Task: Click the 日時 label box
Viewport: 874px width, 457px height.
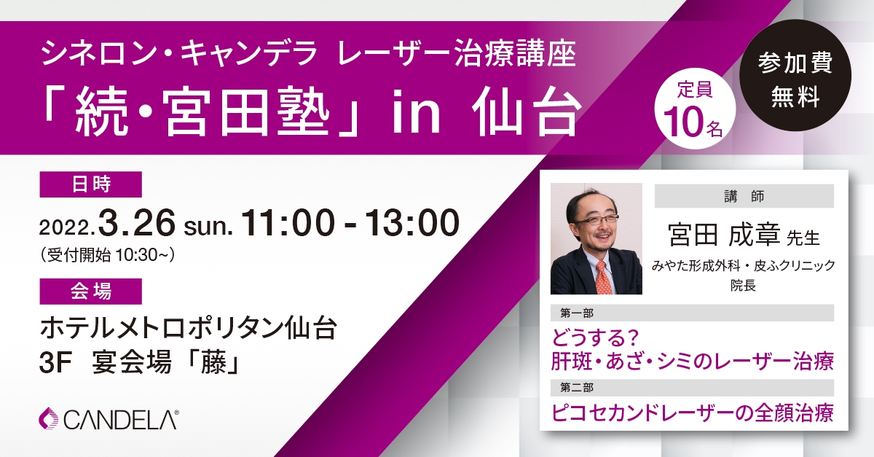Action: pyautogui.click(x=90, y=184)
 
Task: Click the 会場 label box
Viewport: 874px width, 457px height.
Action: pyautogui.click(x=90, y=292)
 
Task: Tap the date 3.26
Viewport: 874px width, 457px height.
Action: pyautogui.click(x=137, y=222)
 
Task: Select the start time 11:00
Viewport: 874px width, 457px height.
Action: pyautogui.click(x=288, y=222)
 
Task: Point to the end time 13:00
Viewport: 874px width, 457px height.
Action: pyautogui.click(x=412, y=222)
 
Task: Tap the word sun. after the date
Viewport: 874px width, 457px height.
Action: pyautogui.click(x=208, y=227)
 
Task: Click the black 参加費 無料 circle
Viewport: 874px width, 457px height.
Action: pyautogui.click(x=795, y=74)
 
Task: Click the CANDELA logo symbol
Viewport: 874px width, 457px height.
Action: pyautogui.click(x=48, y=418)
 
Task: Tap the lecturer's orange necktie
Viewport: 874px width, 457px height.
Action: pyautogui.click(x=603, y=277)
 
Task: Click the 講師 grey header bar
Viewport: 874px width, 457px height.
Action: pyautogui.click(x=744, y=196)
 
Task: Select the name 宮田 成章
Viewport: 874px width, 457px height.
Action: pyautogui.click(x=724, y=235)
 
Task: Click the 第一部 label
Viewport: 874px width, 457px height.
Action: pyautogui.click(x=577, y=313)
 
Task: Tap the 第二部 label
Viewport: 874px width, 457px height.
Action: pyautogui.click(x=577, y=388)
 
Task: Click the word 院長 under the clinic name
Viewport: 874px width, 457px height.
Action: pyautogui.click(x=744, y=286)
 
